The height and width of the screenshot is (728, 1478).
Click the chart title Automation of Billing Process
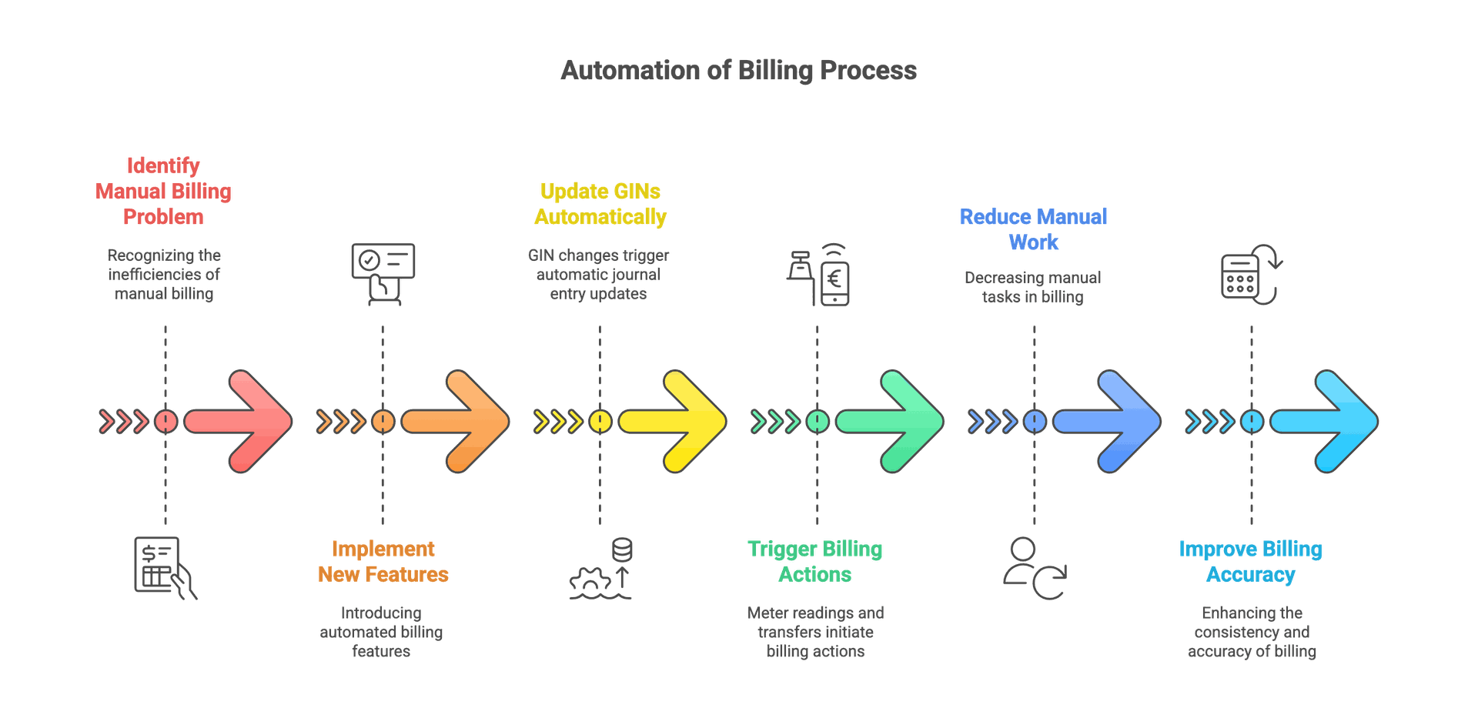739,71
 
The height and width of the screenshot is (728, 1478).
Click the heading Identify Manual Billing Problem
163,192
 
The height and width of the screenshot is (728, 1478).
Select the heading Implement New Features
383,562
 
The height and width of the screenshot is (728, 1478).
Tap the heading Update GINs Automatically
600,204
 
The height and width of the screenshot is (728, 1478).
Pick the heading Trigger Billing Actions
815,562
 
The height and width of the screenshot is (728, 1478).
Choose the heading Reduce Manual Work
1034,229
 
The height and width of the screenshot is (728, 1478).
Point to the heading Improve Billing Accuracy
1251,562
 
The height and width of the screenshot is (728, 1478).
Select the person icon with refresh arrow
1033,569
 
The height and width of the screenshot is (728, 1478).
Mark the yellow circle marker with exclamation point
600,421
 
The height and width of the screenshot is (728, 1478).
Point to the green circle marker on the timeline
817,421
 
